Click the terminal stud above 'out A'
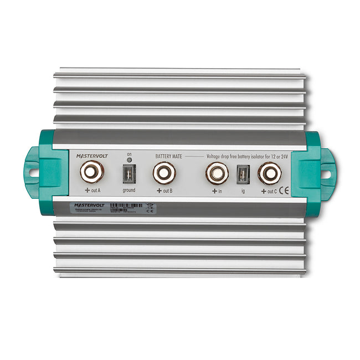tap(91, 172)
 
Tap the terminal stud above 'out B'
tap(164, 173)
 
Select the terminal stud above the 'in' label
tap(217, 173)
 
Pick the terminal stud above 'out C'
tap(269, 173)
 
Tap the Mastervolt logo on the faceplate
tap(92, 157)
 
